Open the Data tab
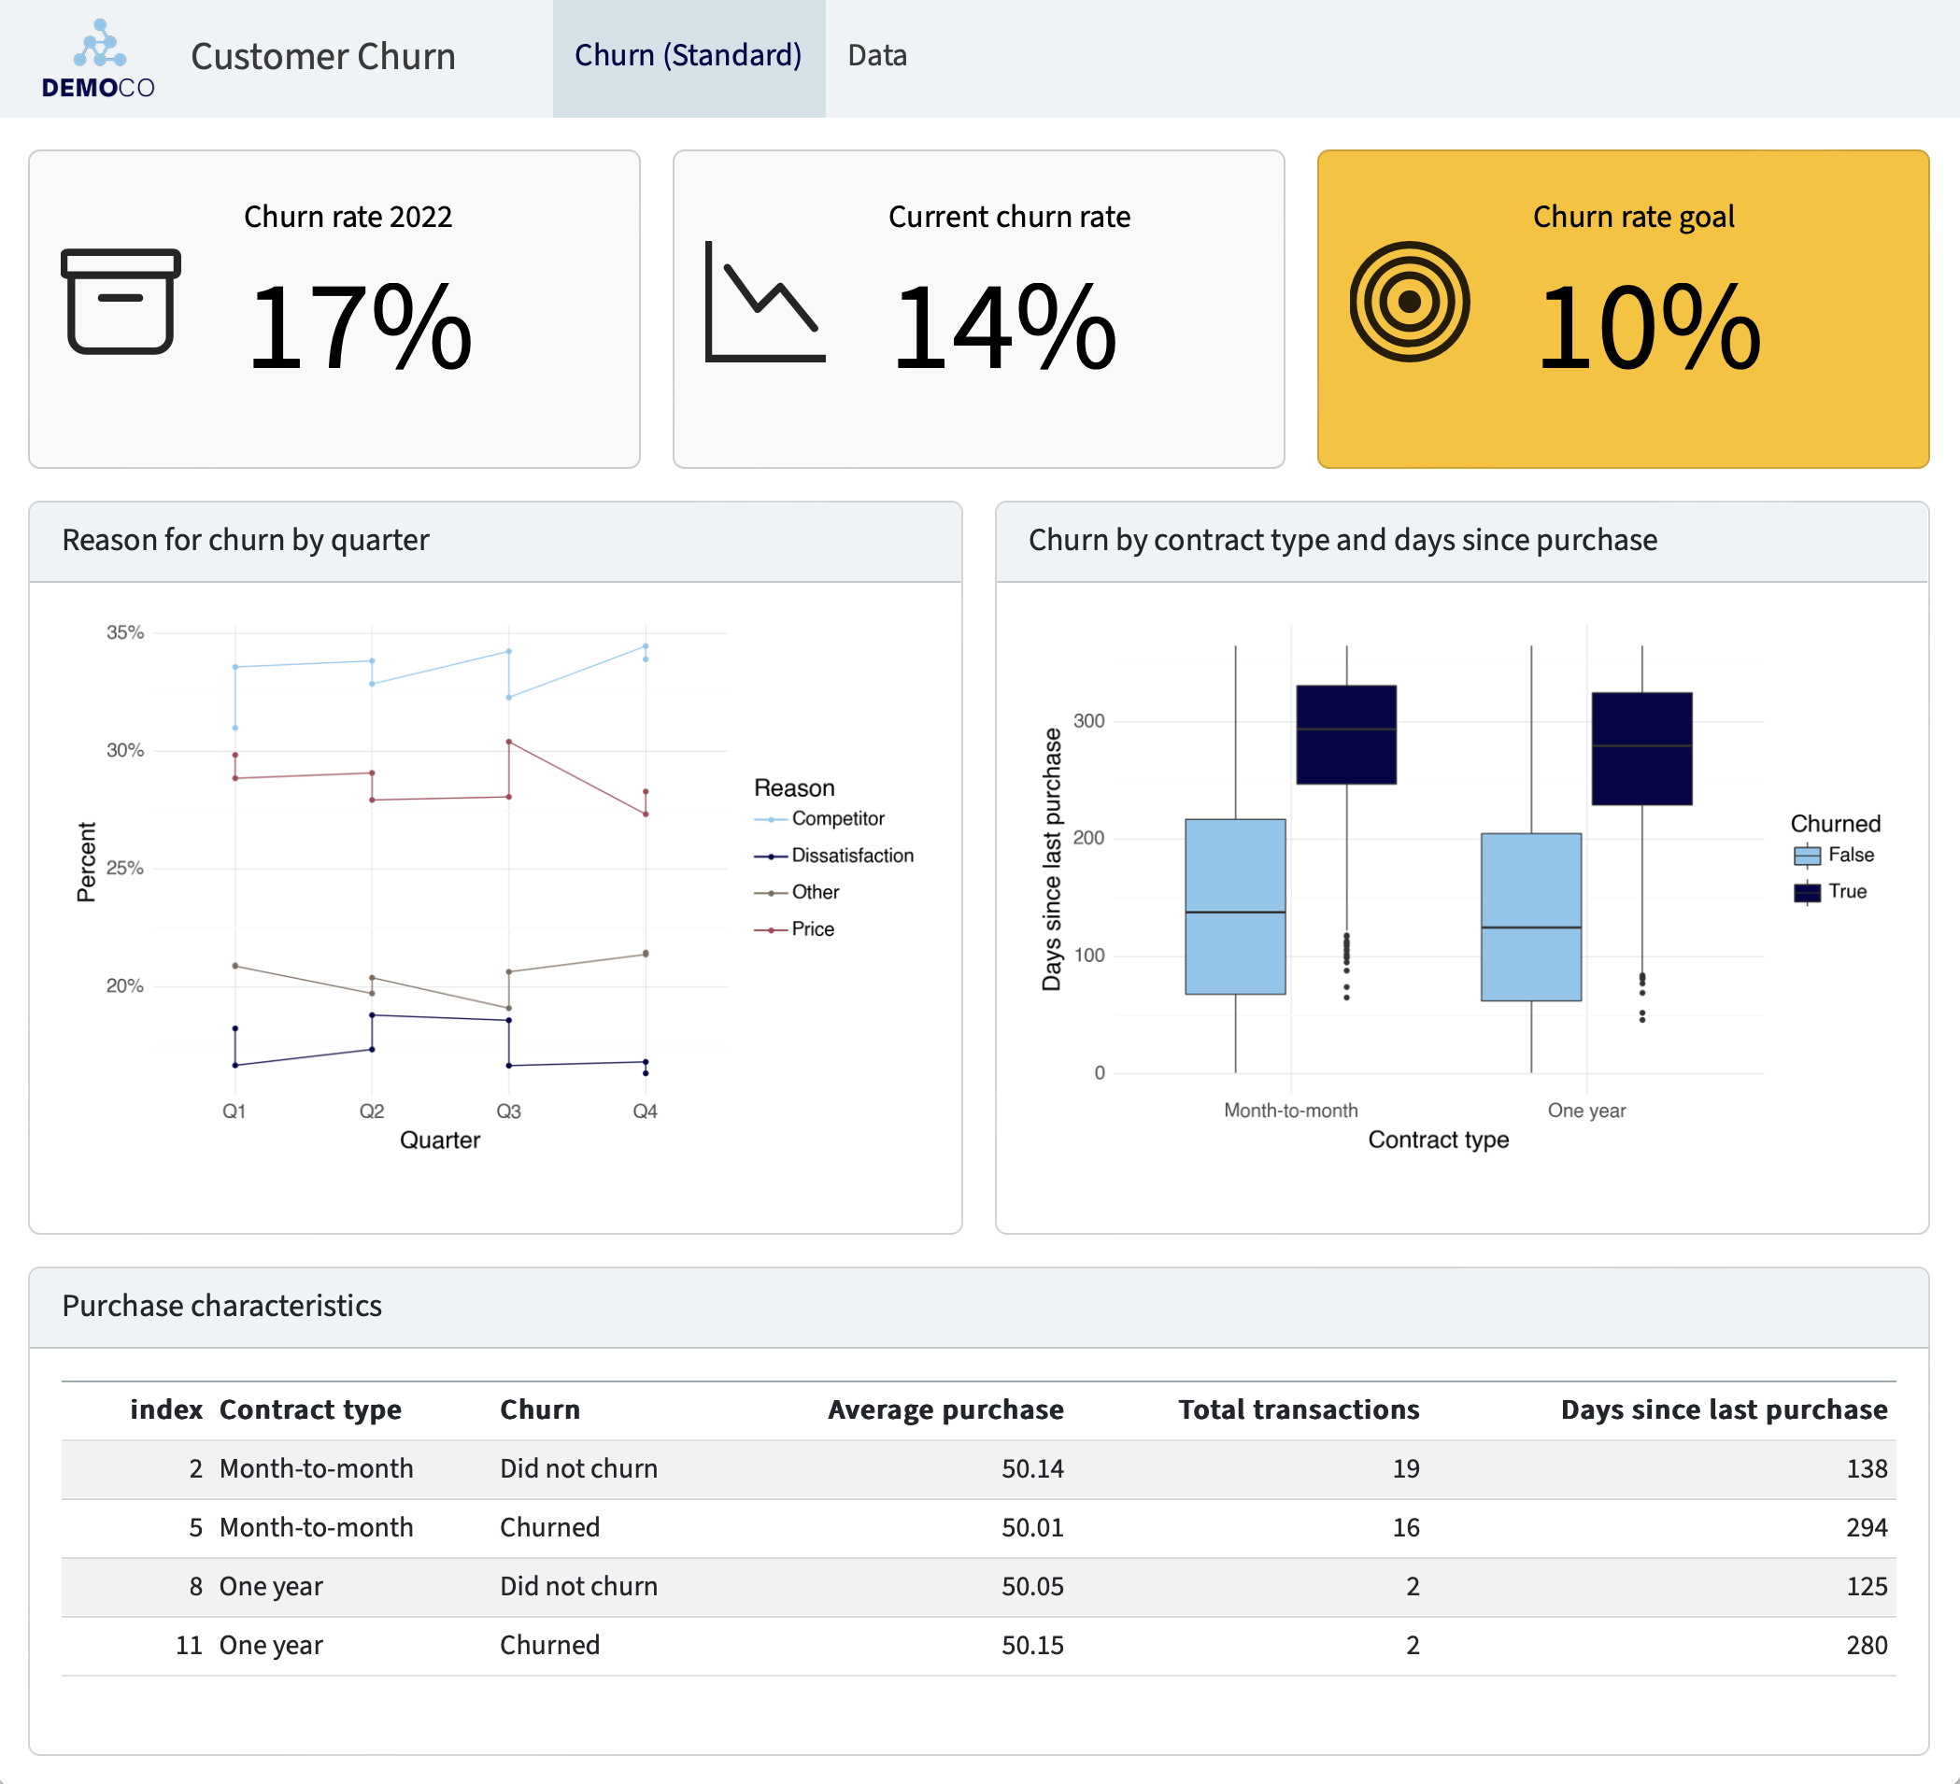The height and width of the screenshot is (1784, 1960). click(877, 56)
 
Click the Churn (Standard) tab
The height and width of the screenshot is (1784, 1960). click(689, 56)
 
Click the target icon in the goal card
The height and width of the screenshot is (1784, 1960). click(1409, 303)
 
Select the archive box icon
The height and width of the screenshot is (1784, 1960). click(121, 302)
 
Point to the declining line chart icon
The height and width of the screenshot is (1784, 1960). click(764, 303)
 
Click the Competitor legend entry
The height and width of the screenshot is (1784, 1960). click(837, 818)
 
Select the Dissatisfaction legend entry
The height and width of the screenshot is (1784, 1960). click(852, 856)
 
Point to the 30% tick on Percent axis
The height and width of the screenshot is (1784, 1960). click(124, 751)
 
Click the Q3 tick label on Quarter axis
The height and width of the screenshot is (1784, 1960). click(508, 1111)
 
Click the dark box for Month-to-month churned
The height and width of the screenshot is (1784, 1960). click(1346, 735)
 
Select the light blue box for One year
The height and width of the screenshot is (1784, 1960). click(1530, 916)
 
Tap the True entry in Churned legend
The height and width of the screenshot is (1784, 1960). click(1846, 891)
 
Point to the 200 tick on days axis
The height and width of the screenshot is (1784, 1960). click(1089, 838)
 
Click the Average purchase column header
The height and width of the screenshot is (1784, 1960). click(945, 1409)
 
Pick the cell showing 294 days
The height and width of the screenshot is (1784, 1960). click(1866, 1527)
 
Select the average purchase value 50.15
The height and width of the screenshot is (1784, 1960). click(1032, 1645)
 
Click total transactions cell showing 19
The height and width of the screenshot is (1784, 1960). click(1405, 1468)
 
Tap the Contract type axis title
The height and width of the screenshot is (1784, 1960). click(1438, 1140)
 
